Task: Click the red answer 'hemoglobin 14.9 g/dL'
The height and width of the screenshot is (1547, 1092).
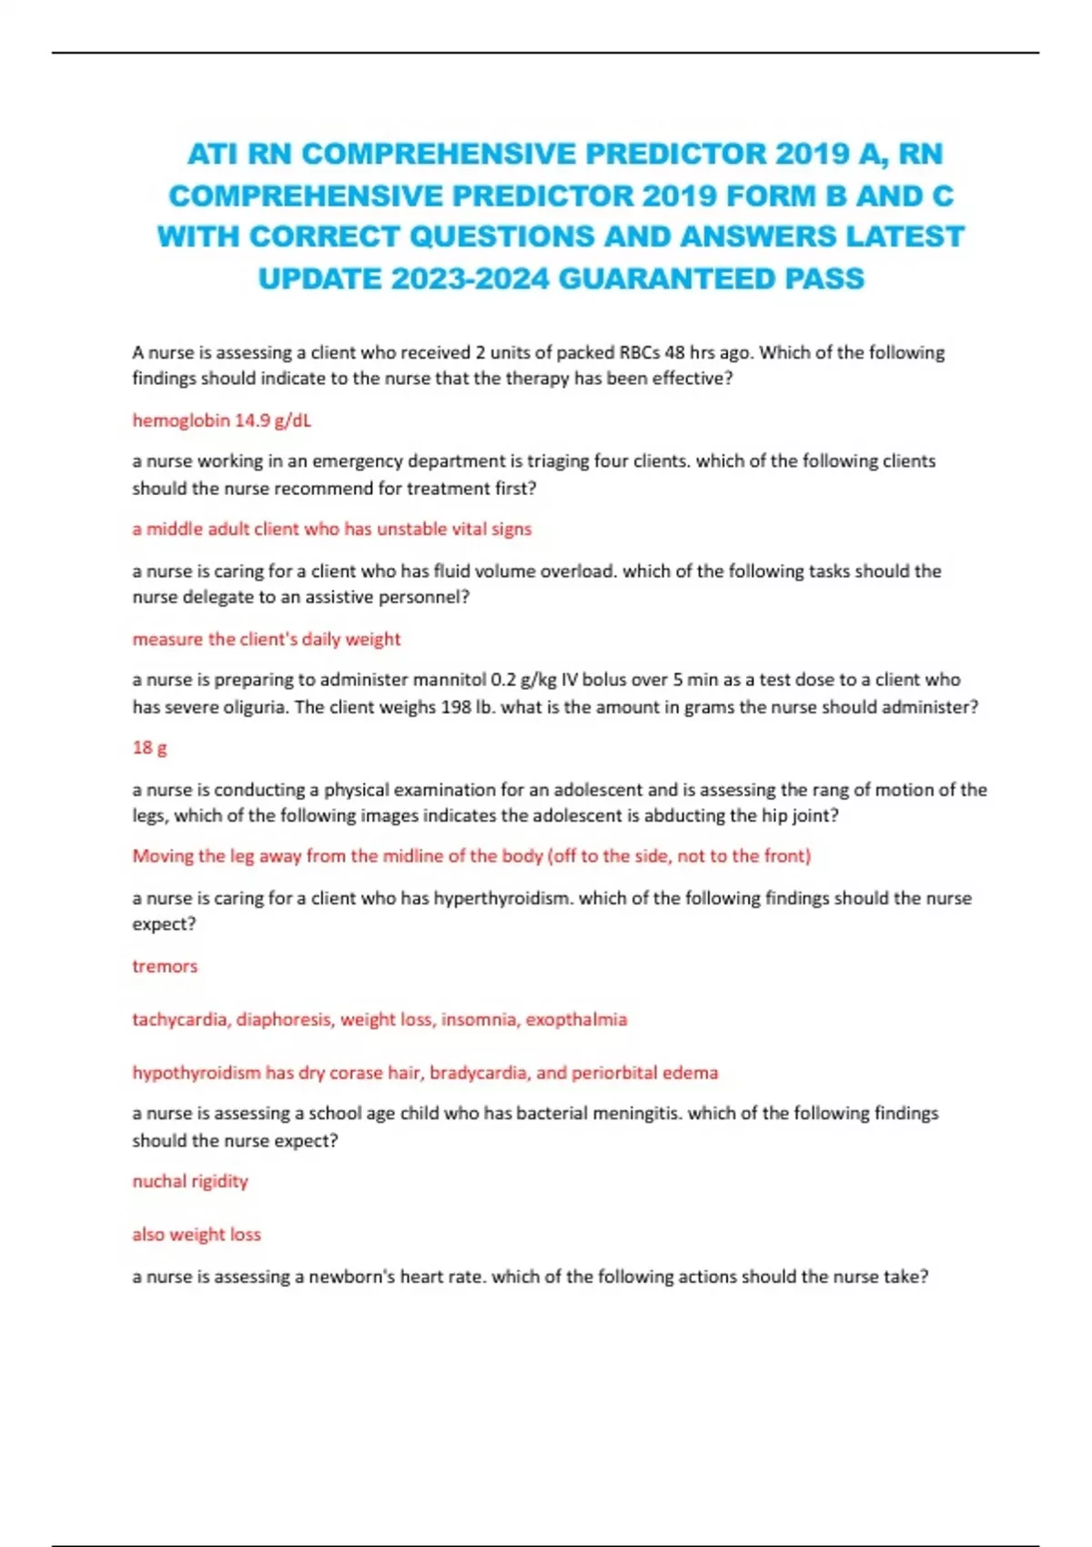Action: coord(221,420)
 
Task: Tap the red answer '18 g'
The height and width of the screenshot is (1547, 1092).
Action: coord(149,748)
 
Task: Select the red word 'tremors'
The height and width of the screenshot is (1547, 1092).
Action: coord(165,966)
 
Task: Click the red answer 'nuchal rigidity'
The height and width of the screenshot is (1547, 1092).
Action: coord(190,1181)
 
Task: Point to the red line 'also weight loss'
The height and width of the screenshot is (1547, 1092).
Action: coord(197,1235)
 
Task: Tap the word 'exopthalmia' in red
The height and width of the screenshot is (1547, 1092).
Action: coord(576,1019)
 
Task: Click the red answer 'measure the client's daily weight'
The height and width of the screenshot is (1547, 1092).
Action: coord(266,639)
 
